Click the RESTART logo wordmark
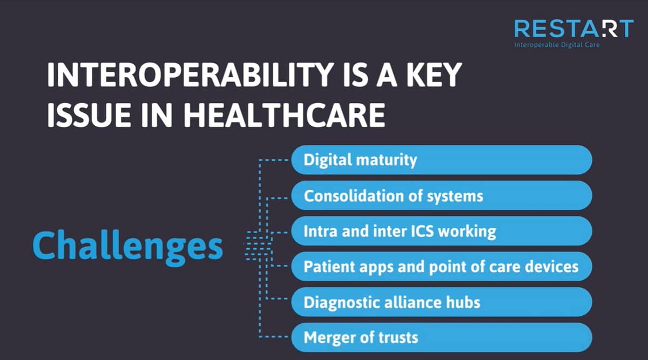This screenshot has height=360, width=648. pos(574,29)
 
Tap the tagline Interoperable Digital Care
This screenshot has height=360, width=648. pos(557,45)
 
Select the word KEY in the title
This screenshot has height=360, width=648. pos(434,74)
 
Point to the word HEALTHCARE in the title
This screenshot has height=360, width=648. pos(285,115)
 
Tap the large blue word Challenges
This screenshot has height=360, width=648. pos(127,246)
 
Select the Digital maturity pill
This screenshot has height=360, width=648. pos(442,160)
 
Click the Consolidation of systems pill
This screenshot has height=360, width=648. pos(442,195)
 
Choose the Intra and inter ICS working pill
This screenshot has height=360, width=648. pos(442,231)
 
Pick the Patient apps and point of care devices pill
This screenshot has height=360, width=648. pos(442,266)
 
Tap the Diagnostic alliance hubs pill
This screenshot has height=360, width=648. pos(442,302)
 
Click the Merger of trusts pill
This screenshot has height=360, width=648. pos(442,337)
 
